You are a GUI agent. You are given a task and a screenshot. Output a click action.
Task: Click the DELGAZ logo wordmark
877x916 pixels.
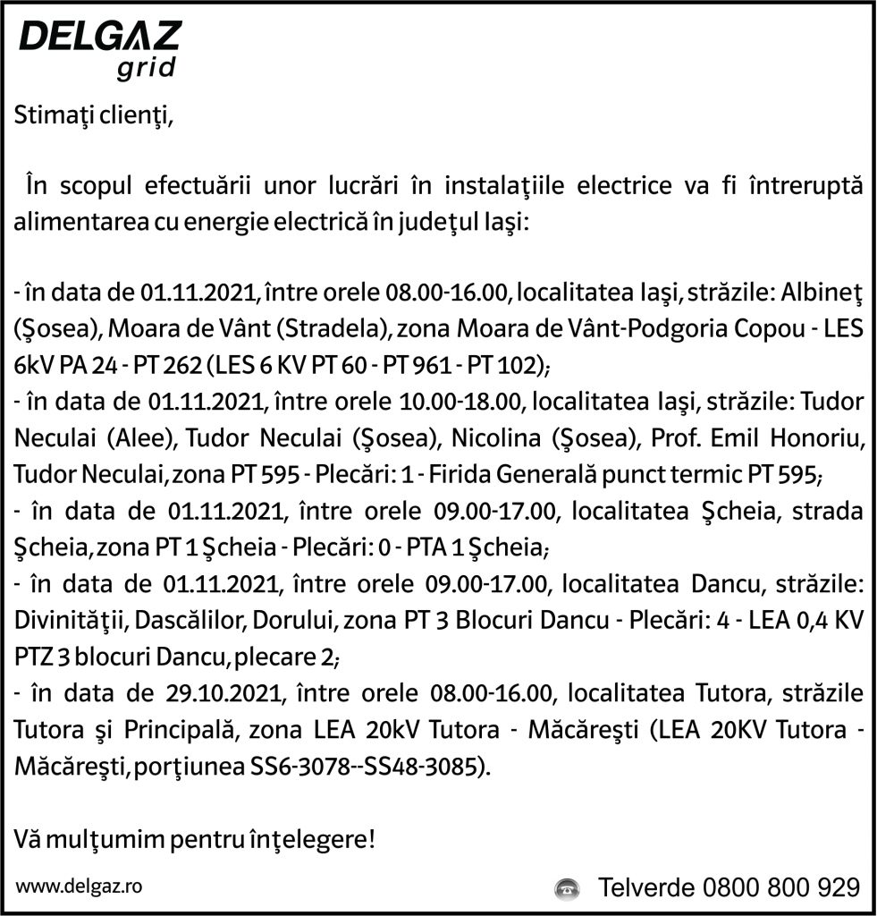tap(100, 38)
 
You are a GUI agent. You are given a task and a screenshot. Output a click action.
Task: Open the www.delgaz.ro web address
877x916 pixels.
tap(79, 886)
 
